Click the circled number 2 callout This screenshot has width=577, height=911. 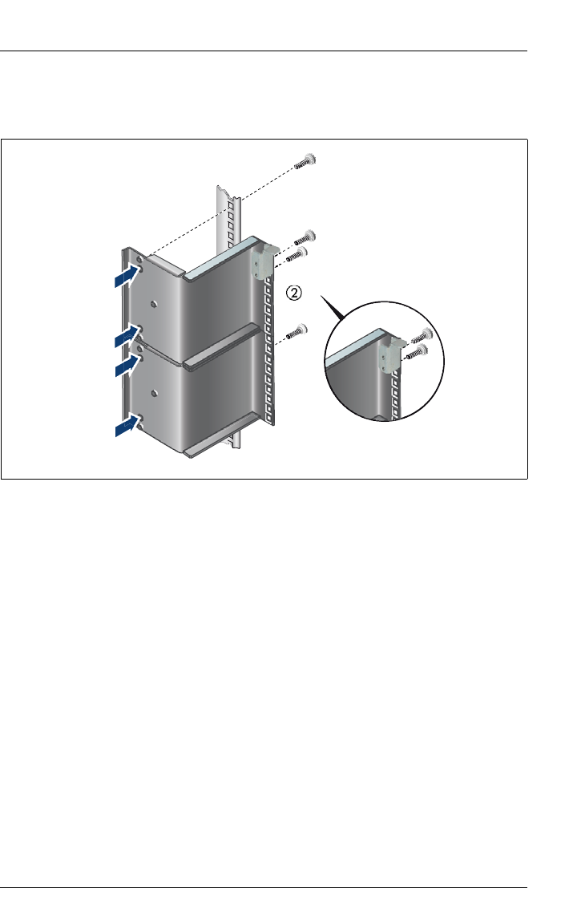point(296,294)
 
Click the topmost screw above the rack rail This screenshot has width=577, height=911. point(305,161)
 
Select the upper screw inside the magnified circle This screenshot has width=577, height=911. point(423,337)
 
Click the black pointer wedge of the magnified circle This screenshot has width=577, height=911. point(330,309)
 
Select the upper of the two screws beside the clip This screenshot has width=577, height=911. point(305,237)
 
